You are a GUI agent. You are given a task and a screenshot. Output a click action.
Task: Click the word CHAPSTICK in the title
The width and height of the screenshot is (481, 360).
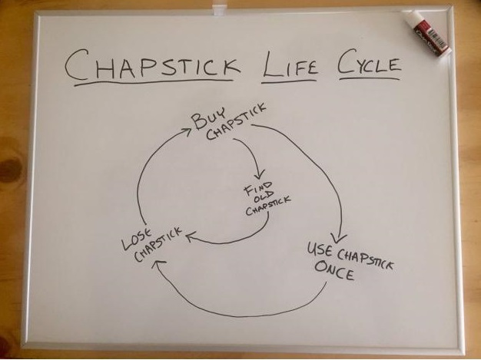[153, 64]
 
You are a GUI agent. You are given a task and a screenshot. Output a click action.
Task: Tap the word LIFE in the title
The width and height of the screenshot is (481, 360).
[290, 64]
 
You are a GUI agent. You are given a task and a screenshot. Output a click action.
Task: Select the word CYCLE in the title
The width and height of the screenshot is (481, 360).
[370, 63]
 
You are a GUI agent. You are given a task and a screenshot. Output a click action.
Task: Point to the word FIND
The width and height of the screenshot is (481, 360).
[257, 188]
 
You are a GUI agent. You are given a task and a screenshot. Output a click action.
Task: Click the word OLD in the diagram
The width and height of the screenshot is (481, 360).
[264, 197]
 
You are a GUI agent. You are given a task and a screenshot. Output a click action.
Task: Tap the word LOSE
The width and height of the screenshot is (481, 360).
[137, 239]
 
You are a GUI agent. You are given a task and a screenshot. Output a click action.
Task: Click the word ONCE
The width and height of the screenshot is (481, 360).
[334, 269]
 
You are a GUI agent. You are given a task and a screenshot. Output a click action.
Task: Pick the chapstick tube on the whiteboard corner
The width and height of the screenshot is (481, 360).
[428, 33]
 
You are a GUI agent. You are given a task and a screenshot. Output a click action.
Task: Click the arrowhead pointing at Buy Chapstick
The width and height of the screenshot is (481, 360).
[186, 132]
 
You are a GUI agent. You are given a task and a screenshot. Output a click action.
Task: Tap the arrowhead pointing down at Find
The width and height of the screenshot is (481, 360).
[259, 174]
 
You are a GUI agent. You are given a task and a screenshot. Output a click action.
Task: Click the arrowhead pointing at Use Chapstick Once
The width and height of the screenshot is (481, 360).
[338, 238]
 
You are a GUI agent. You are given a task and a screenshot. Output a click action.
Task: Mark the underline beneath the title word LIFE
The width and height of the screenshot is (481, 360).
[288, 81]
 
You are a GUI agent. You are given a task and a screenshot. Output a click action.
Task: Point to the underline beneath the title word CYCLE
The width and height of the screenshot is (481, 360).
[370, 79]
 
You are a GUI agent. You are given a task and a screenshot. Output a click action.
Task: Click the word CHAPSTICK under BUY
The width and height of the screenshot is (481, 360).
[236, 122]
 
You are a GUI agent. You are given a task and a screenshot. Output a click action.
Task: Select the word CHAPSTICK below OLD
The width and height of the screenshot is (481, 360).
[268, 206]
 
